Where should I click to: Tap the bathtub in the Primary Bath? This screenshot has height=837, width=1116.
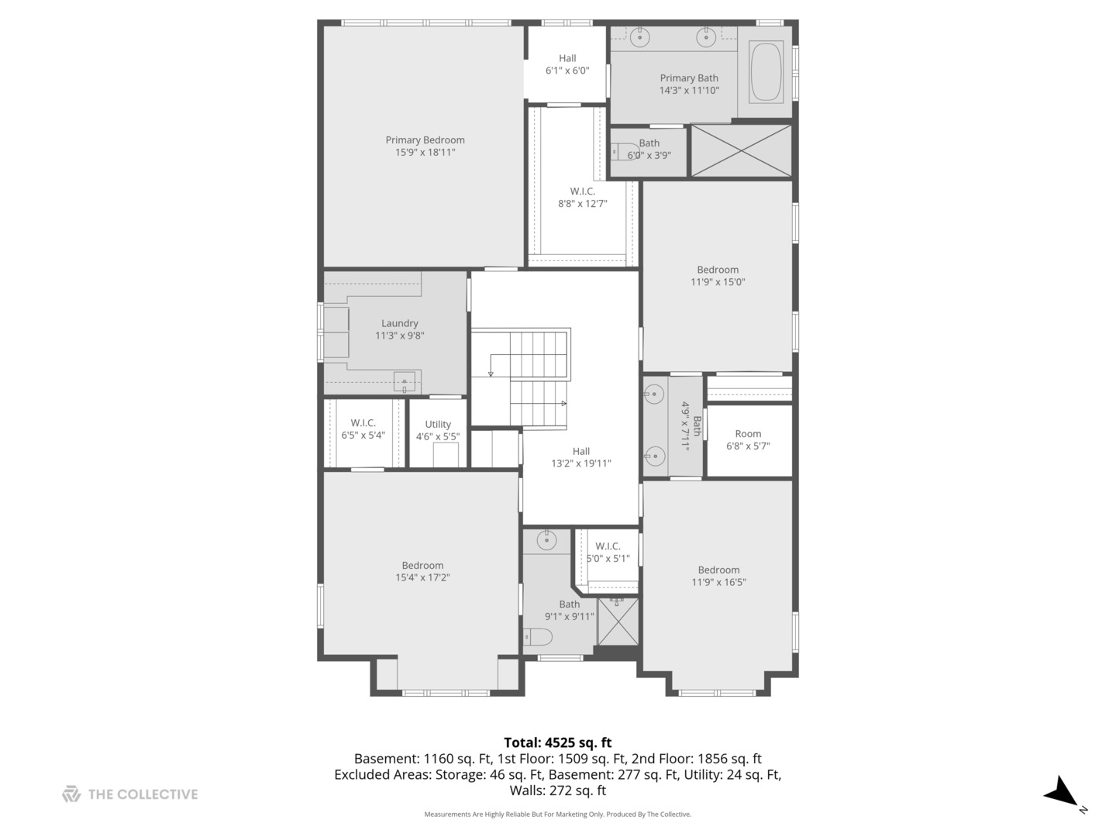pos(766,72)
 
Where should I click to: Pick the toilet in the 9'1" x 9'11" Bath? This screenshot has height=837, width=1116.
pos(539,637)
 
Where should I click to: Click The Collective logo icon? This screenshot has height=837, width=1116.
pos(71,794)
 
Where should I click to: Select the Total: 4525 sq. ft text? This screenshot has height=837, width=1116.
pos(557,742)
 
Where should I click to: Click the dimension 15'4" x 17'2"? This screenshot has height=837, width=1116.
pos(422,577)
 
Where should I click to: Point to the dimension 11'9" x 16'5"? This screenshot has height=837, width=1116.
pos(718,582)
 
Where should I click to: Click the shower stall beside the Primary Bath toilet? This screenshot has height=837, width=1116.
pos(741,150)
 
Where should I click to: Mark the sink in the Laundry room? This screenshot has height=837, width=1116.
pos(405,381)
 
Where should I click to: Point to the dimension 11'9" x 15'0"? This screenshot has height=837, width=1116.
pos(718,282)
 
